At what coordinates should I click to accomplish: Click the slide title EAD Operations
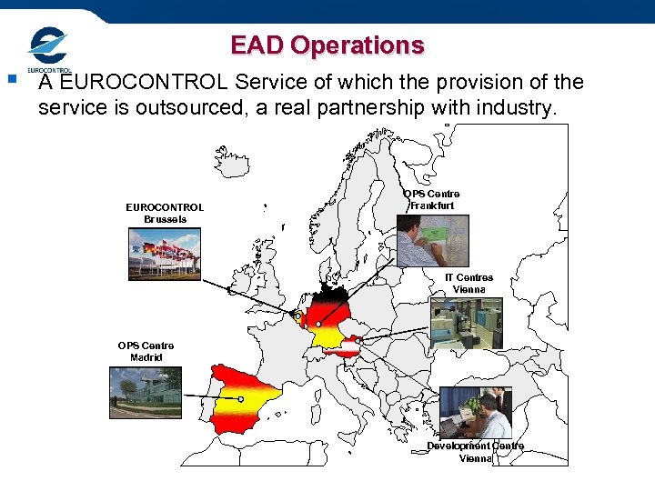327,45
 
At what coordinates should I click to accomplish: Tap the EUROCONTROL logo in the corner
49,50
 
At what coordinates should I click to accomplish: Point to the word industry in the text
509,109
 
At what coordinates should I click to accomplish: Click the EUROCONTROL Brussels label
165,213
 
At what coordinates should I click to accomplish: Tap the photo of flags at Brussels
165,255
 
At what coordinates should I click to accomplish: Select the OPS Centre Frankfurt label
432,200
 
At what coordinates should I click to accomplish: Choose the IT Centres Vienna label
469,283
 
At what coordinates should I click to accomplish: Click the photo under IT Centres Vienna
466,324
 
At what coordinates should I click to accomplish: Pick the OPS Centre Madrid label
146,351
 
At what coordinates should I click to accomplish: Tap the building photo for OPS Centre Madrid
146,393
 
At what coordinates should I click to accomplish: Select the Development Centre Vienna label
476,452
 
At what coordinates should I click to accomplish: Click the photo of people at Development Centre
476,412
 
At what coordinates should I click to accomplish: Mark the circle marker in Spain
241,399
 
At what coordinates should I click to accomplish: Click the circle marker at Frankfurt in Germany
318,324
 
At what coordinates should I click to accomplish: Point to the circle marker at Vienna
358,341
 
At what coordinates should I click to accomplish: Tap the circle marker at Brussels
297,316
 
